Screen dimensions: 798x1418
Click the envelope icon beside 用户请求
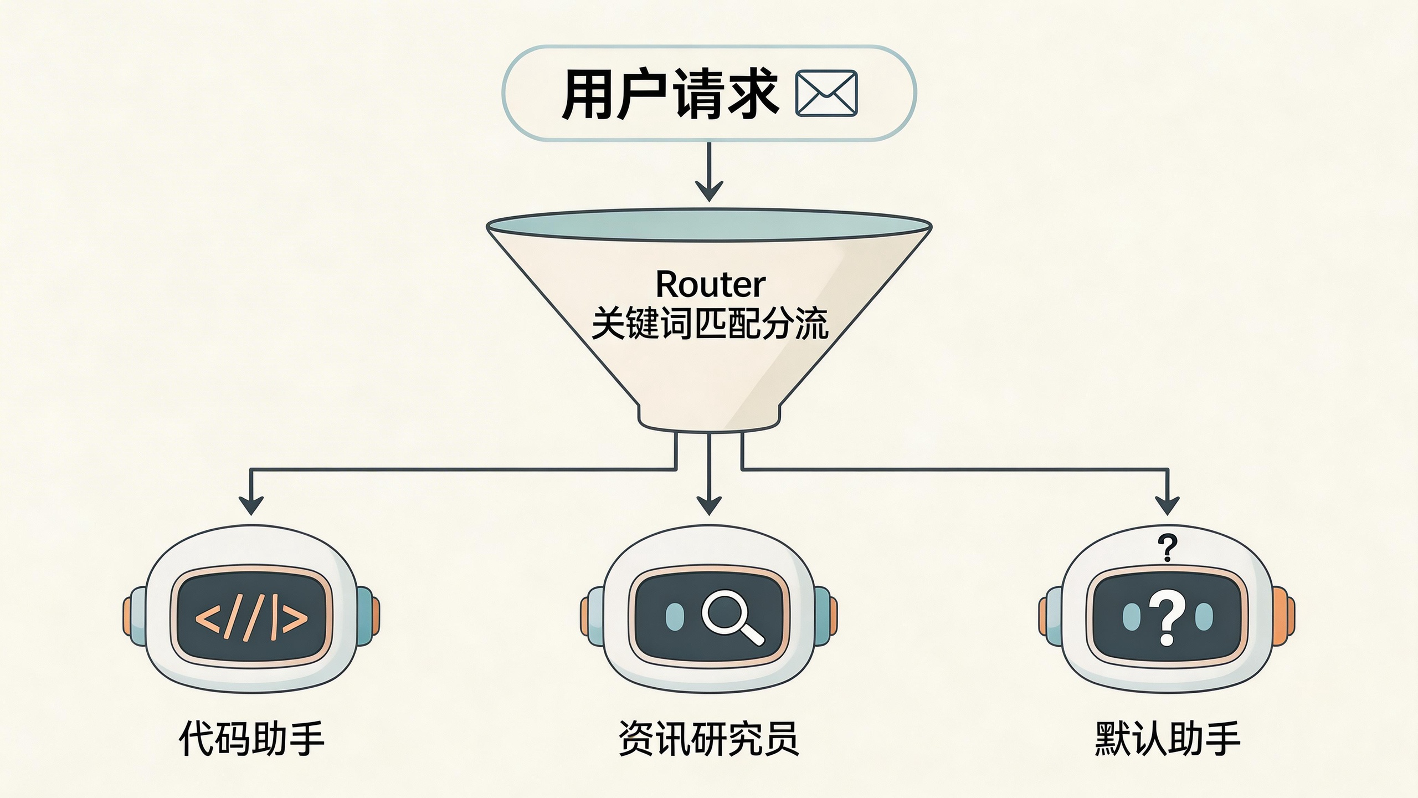pos(826,93)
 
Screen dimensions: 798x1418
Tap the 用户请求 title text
pos(670,94)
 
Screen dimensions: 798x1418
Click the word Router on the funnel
pos(710,285)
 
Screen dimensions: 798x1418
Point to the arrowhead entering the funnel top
pos(709,191)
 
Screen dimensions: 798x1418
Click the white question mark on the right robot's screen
pos(1167,620)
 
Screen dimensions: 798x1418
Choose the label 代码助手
pos(251,738)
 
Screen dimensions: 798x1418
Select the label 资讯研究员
pos(709,738)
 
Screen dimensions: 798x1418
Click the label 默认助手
pos(1167,738)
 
